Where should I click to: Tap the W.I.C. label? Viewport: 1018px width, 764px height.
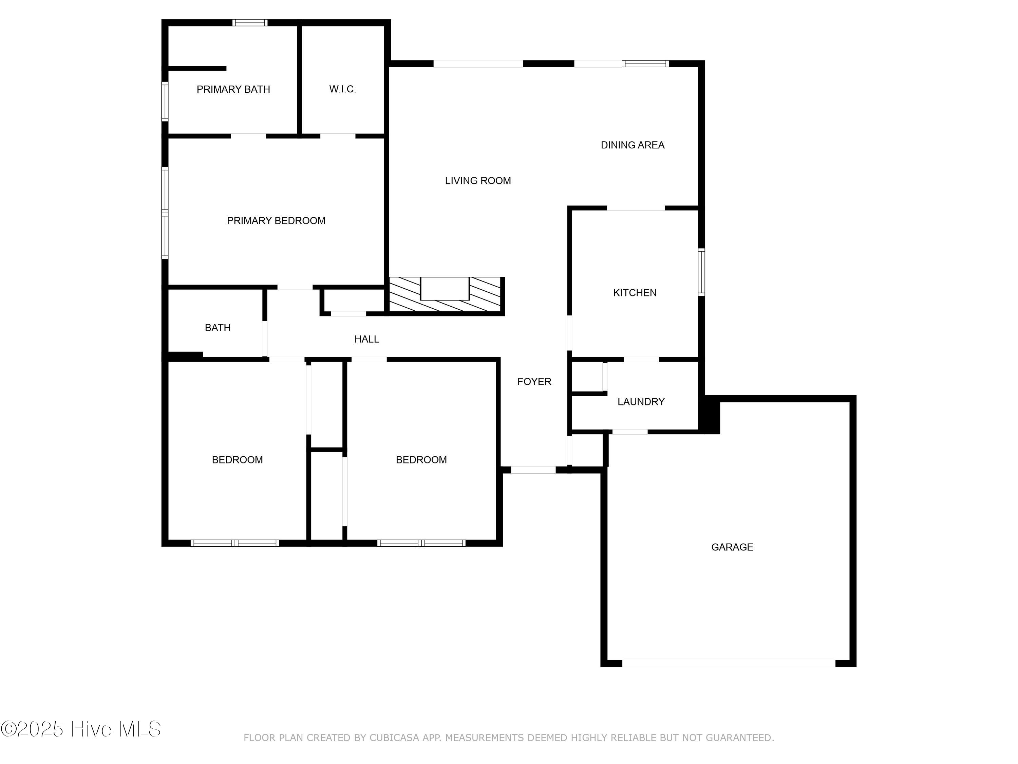342,89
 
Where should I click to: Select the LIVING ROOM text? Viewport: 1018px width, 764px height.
478,181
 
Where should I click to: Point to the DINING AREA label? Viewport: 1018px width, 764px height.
632,145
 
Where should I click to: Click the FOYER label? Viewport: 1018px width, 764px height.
534,382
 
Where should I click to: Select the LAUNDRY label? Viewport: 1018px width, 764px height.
641,402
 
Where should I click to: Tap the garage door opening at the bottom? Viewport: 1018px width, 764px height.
728,663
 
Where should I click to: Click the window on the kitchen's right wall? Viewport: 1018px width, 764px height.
701,272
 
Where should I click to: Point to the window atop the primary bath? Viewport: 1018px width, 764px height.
249,22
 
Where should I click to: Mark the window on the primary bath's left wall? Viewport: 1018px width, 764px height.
165,101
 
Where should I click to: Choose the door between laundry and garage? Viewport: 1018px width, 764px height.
629,432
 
